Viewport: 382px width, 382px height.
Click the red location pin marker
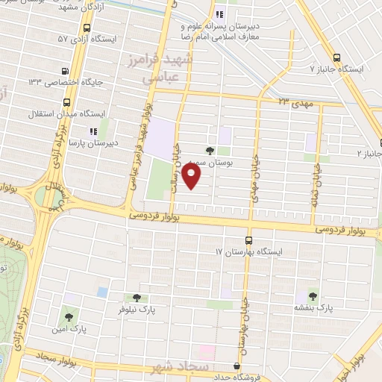192,176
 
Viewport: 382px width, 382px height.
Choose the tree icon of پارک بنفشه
313,295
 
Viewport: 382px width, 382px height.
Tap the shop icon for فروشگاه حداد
237,366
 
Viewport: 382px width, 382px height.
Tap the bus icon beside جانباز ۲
378,143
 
